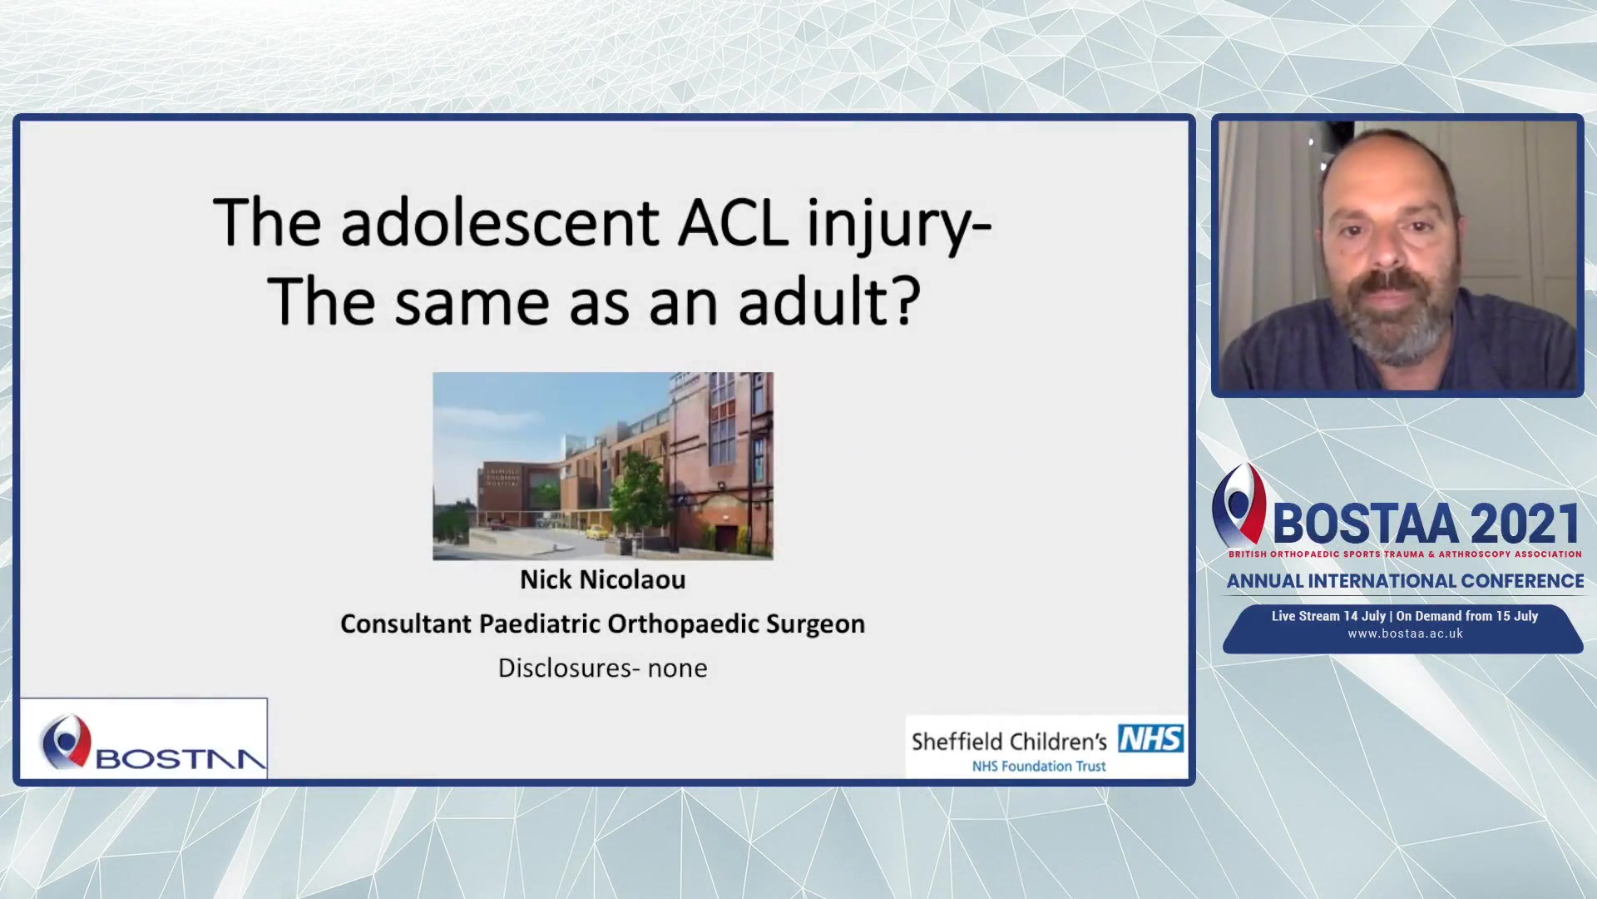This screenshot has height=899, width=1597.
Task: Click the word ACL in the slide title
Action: coord(733,223)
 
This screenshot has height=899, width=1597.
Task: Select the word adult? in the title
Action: coord(829,300)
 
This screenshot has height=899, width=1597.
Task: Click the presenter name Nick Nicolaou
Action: coord(603,579)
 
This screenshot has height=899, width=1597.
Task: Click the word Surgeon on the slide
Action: coord(815,624)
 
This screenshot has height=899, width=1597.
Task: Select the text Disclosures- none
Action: coord(603,668)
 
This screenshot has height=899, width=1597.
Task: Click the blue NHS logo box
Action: coord(1151,738)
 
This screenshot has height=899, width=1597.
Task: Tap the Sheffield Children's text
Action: coord(1009,741)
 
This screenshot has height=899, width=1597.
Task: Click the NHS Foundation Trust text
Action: coord(1039,766)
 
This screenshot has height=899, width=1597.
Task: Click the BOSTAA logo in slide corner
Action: coord(143,740)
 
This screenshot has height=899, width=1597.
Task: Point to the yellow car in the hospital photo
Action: coord(596,531)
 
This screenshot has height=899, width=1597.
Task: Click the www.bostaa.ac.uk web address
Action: coord(1405,633)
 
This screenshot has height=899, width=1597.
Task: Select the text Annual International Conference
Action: coord(1405,581)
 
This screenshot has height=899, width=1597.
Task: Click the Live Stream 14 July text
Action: coord(1328,616)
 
